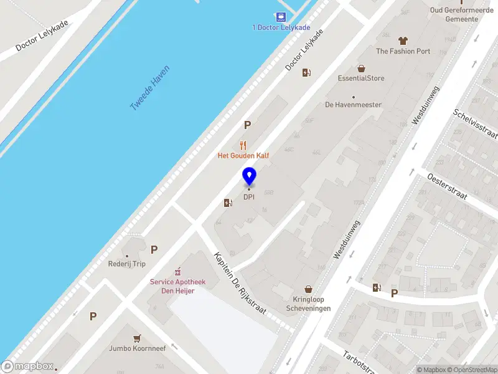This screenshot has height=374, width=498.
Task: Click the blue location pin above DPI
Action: click(249, 176)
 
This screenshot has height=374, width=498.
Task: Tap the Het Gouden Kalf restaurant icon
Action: click(243, 145)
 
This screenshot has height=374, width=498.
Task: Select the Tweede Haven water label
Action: click(149, 89)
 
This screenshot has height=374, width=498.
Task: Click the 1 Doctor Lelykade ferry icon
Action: click(281, 17)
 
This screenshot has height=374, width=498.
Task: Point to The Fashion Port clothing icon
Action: click(403, 41)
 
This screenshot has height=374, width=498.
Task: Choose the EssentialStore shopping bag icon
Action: click(361, 68)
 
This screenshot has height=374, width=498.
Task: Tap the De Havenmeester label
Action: click(353, 105)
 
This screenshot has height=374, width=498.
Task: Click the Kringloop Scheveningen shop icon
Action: click(308, 289)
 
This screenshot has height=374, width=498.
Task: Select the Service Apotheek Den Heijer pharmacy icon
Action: click(177, 272)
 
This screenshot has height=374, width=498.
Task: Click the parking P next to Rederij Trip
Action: click(154, 249)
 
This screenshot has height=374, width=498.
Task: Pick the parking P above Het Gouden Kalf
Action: click(247, 125)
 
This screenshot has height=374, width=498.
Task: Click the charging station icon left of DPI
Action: click(228, 203)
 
